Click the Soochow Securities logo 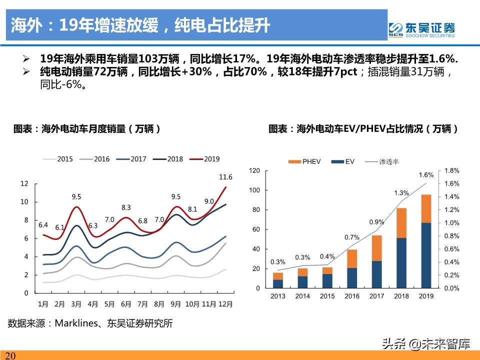coord(422,29)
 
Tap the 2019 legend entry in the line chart coord(206,159)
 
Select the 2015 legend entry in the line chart coord(59,159)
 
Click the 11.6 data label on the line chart coord(225,177)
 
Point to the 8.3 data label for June coord(126,207)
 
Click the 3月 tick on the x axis coord(76,303)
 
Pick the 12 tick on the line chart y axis coord(24,183)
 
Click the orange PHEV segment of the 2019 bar coord(425,208)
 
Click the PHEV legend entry coord(305,161)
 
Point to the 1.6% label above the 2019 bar coord(425,175)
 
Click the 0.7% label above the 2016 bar coord(351,237)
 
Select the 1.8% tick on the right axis coord(451,170)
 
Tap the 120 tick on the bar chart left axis coord(254,170)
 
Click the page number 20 coord(10,355)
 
